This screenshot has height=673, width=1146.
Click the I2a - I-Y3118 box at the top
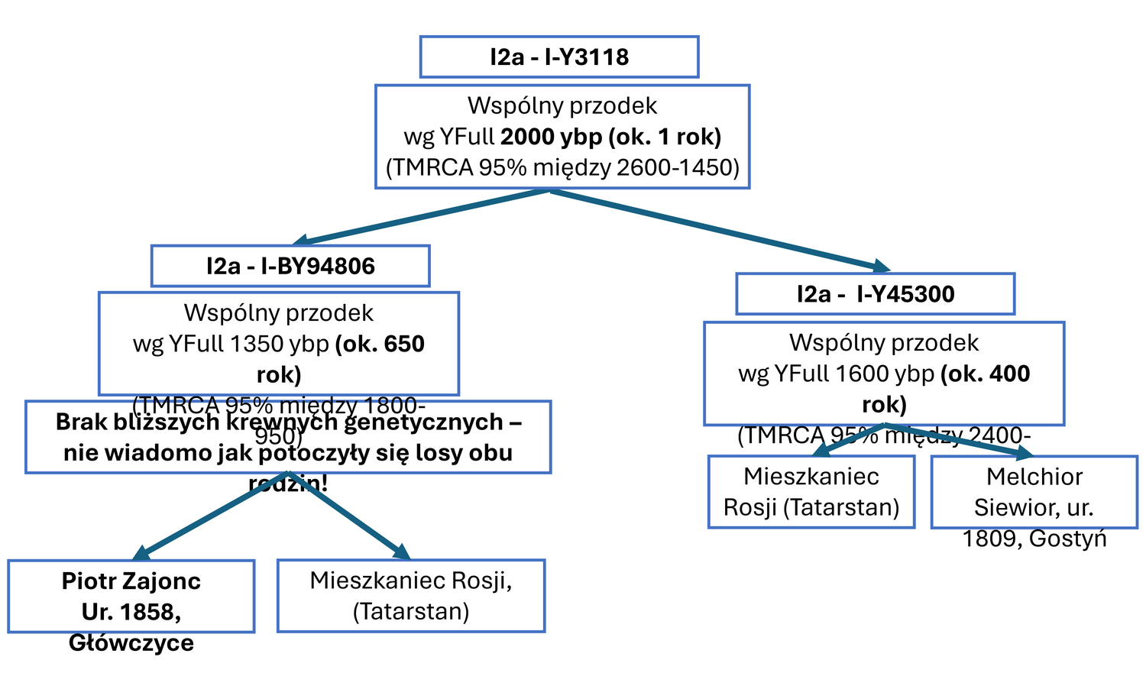559,57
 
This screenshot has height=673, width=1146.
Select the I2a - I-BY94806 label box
290,266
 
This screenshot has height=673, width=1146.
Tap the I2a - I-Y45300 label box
875,294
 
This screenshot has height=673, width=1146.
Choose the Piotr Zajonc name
131,581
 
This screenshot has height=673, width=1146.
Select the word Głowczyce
131,643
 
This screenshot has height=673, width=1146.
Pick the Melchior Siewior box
1034,492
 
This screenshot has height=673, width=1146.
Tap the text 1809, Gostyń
1034,539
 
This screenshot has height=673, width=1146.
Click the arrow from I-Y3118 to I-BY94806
420,218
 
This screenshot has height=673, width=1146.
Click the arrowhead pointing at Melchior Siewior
1021,453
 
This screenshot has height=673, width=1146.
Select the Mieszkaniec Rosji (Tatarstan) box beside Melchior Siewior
811,492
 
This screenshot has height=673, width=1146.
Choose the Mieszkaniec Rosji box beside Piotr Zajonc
411,596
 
